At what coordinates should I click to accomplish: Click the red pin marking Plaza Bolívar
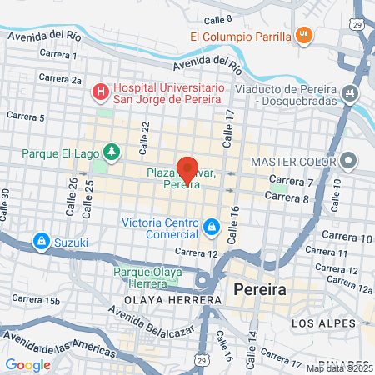(x=188, y=167)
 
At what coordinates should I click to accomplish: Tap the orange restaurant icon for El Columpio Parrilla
(x=304, y=36)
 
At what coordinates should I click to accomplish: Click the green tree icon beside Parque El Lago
(x=111, y=152)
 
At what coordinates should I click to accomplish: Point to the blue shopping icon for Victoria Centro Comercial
(x=212, y=226)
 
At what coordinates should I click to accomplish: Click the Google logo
(x=27, y=364)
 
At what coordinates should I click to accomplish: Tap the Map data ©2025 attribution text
(x=339, y=368)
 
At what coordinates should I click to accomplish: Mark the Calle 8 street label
(x=216, y=18)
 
